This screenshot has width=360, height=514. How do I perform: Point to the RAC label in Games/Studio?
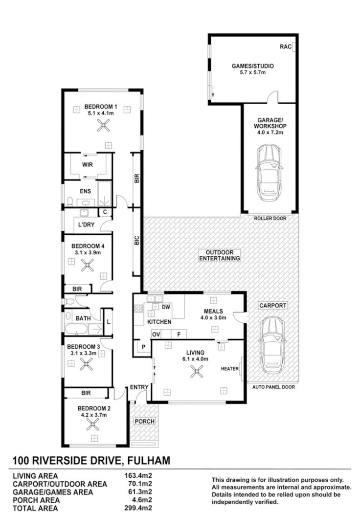point(285,47)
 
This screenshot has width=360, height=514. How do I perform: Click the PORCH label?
point(144,421)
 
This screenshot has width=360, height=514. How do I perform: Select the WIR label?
point(87,165)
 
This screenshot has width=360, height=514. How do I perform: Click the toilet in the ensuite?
point(69,201)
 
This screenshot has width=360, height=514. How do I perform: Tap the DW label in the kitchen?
point(166,308)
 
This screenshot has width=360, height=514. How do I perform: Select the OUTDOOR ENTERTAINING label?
point(219,254)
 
